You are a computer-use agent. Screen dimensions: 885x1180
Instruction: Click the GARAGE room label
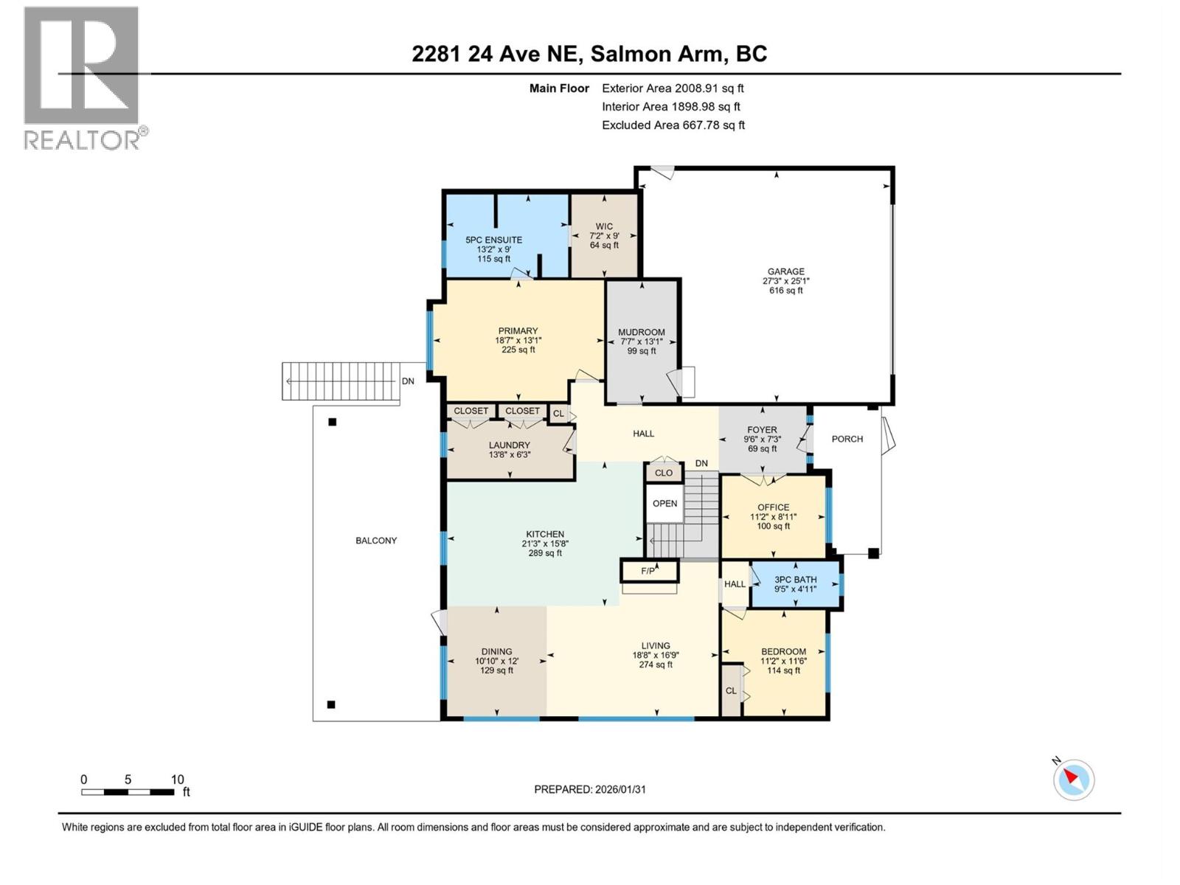pyautogui.click(x=785, y=271)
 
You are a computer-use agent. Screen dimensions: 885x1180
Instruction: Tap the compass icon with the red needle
pyautogui.click(x=1074, y=780)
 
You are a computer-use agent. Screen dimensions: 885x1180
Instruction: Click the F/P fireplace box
pyautogui.click(x=648, y=570)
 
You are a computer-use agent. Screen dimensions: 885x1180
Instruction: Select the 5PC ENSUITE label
pyautogui.click(x=493, y=240)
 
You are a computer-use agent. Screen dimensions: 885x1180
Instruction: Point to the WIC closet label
pyautogui.click(x=604, y=226)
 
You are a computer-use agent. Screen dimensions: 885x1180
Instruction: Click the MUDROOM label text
pyautogui.click(x=642, y=333)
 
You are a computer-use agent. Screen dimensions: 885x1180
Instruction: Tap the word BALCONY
pyautogui.click(x=376, y=541)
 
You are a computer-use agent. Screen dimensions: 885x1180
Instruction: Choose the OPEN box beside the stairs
pyautogui.click(x=664, y=504)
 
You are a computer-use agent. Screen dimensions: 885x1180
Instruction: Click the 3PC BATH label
pyautogui.click(x=795, y=580)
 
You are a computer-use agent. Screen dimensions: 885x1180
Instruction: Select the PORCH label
pyautogui.click(x=847, y=439)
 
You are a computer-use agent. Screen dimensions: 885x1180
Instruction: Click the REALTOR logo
pyautogui.click(x=82, y=77)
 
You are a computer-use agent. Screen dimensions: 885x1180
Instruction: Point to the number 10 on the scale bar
pyautogui.click(x=177, y=780)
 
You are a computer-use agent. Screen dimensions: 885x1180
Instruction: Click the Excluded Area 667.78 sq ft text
pyautogui.click(x=673, y=125)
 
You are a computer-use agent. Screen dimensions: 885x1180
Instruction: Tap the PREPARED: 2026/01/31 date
pyautogui.click(x=590, y=789)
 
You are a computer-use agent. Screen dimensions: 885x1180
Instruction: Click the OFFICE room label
pyautogui.click(x=773, y=507)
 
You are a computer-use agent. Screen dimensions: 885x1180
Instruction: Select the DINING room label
pyautogui.click(x=496, y=651)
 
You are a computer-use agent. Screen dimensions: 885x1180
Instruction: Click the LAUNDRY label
pyautogui.click(x=509, y=445)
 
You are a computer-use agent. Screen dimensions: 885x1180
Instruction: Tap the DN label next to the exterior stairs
pyautogui.click(x=408, y=381)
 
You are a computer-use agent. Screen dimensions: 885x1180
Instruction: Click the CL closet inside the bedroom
pyautogui.click(x=731, y=691)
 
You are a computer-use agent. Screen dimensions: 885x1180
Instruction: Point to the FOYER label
pyautogui.click(x=762, y=430)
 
